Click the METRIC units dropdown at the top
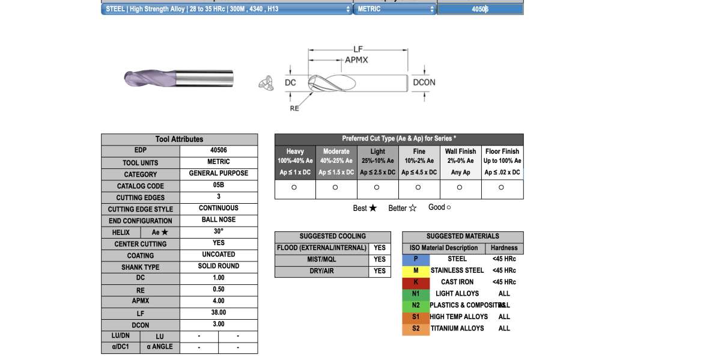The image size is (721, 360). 395,9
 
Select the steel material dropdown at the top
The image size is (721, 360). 227,9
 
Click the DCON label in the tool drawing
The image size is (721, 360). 424,82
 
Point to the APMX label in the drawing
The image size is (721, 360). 356,60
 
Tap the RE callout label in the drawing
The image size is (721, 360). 294,109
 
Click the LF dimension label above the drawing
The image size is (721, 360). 358,49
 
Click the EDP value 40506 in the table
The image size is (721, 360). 219,150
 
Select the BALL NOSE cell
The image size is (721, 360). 219,219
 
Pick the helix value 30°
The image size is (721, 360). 219,231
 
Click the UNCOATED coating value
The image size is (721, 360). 219,254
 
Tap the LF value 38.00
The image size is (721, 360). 219,313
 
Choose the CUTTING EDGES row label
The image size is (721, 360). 141,198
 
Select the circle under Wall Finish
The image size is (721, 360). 460,188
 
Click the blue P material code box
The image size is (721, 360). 416,259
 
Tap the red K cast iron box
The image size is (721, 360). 416,282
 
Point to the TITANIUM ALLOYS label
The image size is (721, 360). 457,328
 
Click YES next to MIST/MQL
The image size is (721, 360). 380,260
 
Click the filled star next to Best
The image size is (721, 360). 373,208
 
